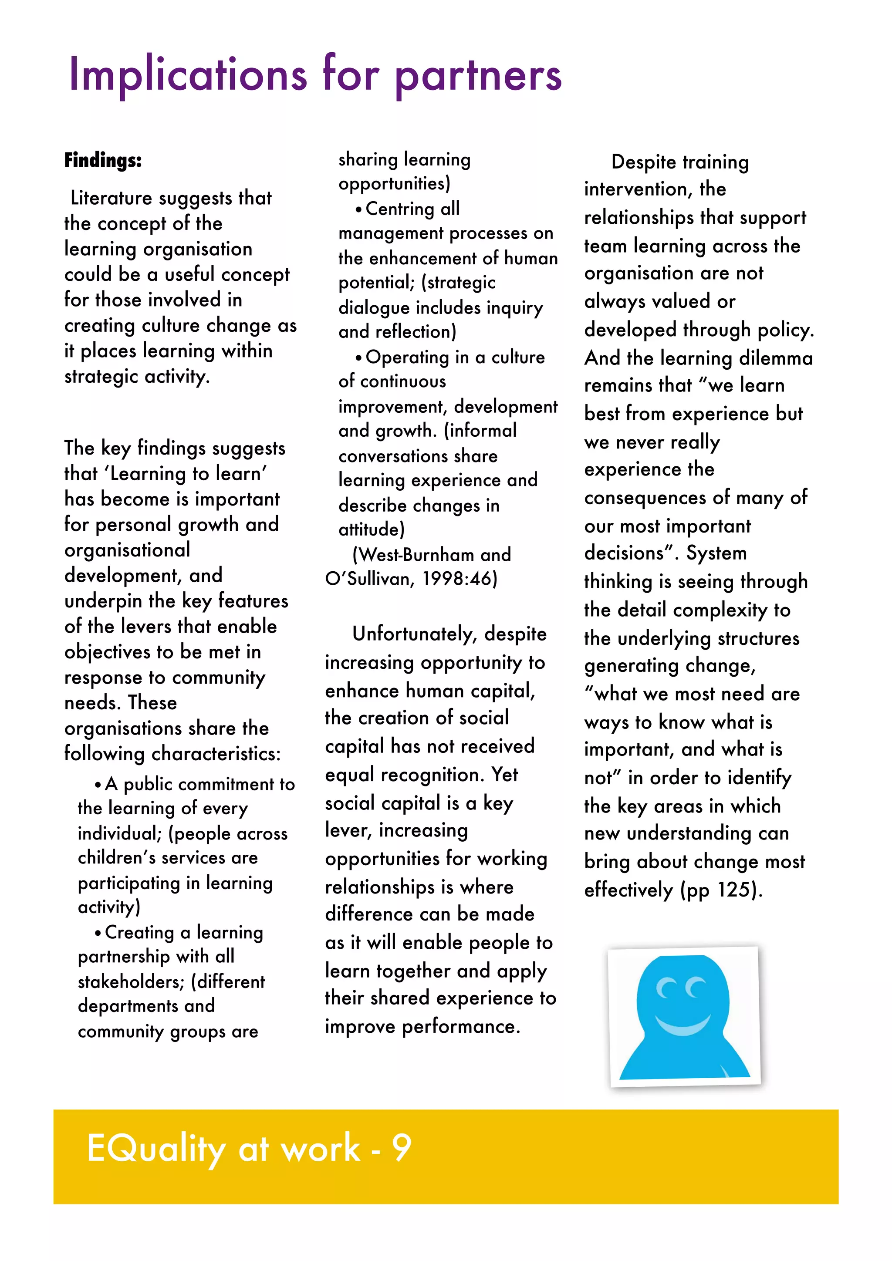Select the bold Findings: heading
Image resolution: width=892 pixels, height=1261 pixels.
click(103, 160)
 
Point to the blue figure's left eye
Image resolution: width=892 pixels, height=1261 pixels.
click(666, 988)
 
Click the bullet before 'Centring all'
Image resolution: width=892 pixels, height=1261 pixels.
click(358, 210)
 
